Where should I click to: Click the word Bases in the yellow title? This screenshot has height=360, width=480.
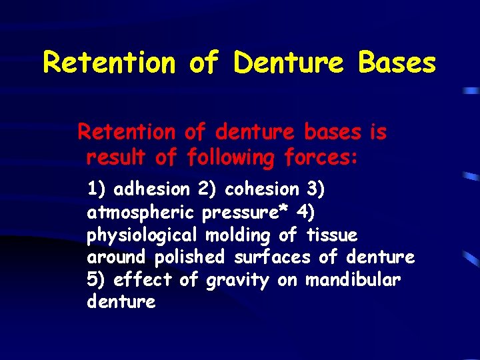click(397, 63)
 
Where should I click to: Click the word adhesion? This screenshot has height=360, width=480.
click(152, 189)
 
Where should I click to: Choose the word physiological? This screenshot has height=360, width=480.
click(142, 235)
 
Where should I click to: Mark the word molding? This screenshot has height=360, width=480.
click(238, 235)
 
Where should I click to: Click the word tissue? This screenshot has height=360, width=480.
click(331, 235)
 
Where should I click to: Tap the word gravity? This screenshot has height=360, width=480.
click(238, 281)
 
